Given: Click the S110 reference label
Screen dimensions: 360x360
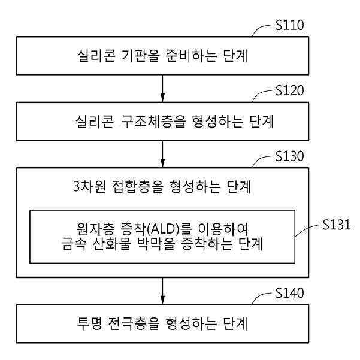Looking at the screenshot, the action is click(x=290, y=25).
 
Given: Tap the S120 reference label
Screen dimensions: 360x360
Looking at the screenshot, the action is click(x=290, y=90).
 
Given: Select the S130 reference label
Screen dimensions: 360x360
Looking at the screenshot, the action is click(x=290, y=156).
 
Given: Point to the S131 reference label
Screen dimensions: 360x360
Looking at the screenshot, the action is click(x=337, y=225).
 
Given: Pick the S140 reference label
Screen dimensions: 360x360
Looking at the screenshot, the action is click(x=290, y=293).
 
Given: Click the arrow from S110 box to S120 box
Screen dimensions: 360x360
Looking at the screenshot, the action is click(x=162, y=89).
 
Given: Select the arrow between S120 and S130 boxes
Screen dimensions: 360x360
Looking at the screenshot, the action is click(x=162, y=154).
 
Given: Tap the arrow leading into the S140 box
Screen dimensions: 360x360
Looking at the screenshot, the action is click(x=162, y=291).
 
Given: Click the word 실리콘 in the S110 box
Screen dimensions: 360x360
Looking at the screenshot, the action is click(x=96, y=56).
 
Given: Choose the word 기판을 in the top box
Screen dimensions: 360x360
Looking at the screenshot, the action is click(x=140, y=56).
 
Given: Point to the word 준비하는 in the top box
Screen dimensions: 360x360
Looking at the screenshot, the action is click(x=191, y=56).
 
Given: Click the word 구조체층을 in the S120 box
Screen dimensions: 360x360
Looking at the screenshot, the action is click(x=153, y=122).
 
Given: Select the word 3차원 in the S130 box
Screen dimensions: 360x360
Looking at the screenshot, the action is click(x=90, y=186).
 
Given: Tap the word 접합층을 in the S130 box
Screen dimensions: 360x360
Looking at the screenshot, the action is click(x=138, y=186).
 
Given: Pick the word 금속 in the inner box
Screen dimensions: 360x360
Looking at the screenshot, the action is click(x=74, y=244).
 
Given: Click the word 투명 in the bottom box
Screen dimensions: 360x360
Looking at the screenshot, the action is click(x=89, y=323).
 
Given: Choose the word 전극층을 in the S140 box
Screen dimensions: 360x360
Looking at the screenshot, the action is click(x=134, y=323).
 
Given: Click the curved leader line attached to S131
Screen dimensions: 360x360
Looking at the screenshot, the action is click(x=307, y=229).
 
